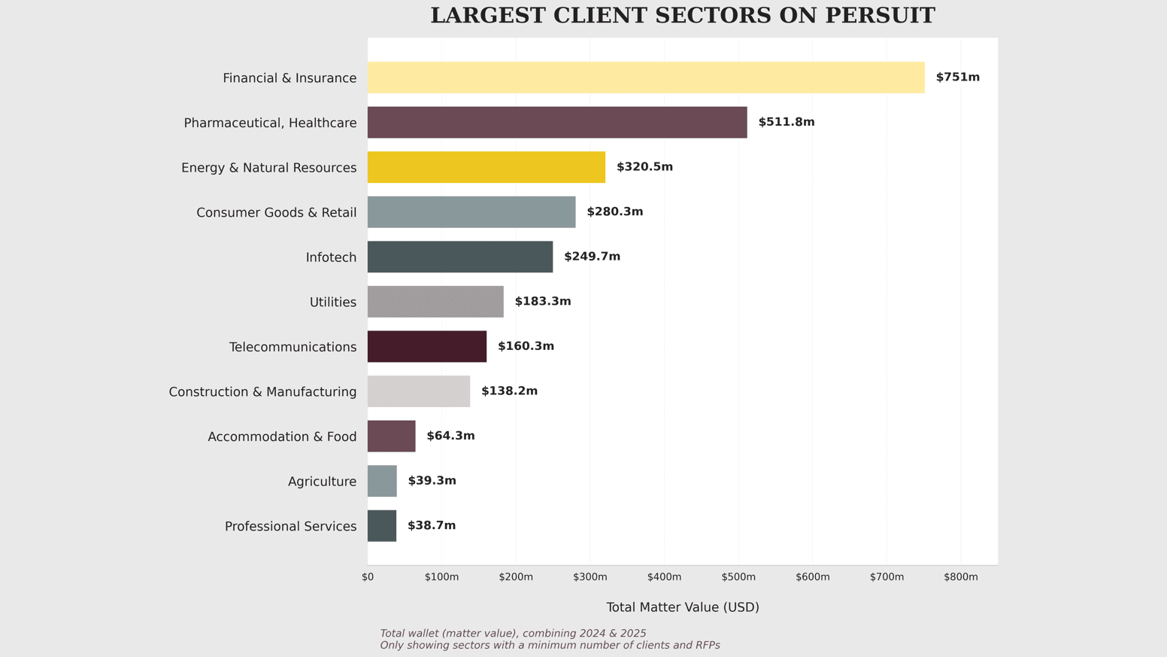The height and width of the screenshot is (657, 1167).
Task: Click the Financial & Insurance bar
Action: point(646,78)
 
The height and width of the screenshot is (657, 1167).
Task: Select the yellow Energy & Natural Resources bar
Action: point(487,167)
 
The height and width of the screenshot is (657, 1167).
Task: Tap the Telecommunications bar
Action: point(427,346)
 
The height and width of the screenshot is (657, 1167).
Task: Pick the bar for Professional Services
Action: point(382,526)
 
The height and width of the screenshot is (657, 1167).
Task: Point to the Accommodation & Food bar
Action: point(391,436)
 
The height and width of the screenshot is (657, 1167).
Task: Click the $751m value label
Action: point(957,78)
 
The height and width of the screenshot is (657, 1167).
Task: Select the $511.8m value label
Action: point(786,122)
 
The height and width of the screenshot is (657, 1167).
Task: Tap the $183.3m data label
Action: point(542,302)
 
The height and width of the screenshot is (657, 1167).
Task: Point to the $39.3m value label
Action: point(432,481)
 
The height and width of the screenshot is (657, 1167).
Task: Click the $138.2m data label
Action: point(509,391)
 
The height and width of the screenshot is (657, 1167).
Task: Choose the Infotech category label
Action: point(331,257)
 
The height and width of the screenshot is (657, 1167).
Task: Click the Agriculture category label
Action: point(322,482)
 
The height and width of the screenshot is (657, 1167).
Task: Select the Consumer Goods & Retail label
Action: point(276,213)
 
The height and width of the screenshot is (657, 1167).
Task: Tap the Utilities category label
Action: point(333,303)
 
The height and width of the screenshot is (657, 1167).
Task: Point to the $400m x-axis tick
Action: point(664,577)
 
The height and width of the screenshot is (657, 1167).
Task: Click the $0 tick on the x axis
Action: point(368,577)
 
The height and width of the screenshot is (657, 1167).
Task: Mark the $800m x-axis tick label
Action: point(961,577)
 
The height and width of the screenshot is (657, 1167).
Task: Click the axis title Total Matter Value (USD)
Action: point(683,607)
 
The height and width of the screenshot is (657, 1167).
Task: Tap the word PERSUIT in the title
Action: point(880,16)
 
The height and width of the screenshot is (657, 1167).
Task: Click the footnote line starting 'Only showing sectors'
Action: point(550,646)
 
